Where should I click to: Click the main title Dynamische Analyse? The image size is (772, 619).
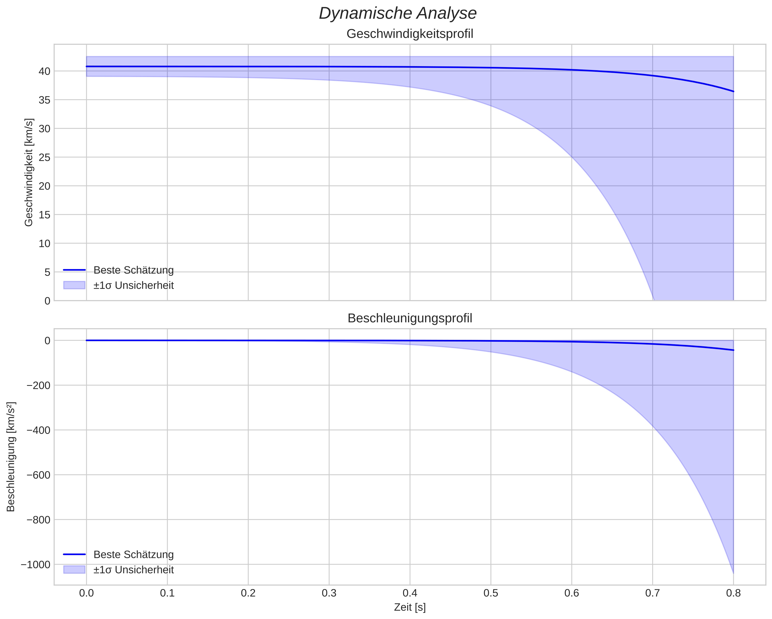(x=397, y=14)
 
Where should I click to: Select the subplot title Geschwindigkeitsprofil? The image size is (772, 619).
(x=410, y=34)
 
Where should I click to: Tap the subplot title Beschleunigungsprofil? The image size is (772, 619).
(x=410, y=318)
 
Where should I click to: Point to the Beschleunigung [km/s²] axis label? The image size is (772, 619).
(x=11, y=457)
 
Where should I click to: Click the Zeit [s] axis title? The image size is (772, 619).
(x=410, y=607)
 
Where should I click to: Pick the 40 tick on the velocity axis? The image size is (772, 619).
(x=44, y=71)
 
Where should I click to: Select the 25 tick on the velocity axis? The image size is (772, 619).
(x=44, y=157)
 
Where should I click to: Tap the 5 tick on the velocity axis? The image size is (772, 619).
(x=47, y=272)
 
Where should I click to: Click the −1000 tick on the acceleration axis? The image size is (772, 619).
(x=36, y=565)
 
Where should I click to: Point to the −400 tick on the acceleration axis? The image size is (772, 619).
(x=39, y=430)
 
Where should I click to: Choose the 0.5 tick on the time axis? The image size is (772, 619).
(x=491, y=593)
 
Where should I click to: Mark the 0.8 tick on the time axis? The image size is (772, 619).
(x=733, y=593)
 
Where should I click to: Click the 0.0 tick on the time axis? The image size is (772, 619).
(x=86, y=593)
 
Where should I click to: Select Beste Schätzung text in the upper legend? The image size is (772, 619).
(x=134, y=270)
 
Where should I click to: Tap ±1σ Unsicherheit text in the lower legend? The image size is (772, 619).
(x=134, y=570)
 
